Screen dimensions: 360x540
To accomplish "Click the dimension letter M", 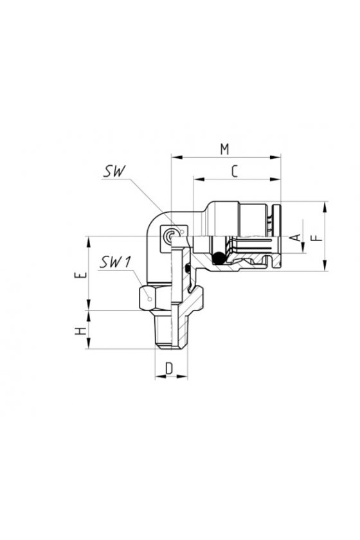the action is (x=224, y=149).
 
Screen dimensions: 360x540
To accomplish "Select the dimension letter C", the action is (x=235, y=171).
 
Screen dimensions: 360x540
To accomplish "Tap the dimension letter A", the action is (x=296, y=237).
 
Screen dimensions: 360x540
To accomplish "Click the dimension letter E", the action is (x=80, y=275).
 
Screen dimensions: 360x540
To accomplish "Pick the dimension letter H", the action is (x=80, y=331).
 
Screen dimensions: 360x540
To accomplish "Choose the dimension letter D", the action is (x=169, y=368).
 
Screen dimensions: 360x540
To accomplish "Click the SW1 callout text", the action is (x=116, y=263).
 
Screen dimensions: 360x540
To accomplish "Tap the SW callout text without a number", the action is (x=114, y=171).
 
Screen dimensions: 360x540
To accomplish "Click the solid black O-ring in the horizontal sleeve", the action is (x=218, y=258).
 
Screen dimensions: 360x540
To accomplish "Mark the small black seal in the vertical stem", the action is (x=187, y=267).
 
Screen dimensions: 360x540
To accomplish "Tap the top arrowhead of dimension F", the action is (x=325, y=206).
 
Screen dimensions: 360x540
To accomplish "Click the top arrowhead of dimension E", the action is (x=89, y=242).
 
